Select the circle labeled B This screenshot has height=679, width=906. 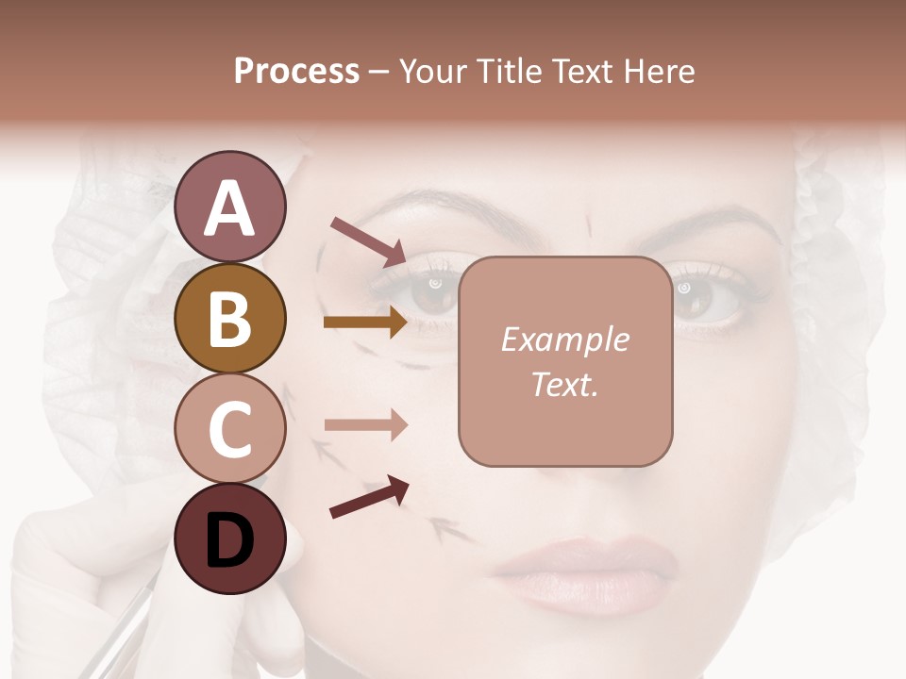point(229,318)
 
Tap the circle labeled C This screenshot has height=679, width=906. point(229,428)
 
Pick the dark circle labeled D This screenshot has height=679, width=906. point(229,538)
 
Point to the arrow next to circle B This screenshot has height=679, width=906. point(365,323)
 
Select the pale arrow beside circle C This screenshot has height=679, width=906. point(365,426)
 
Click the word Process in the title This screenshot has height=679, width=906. point(296,71)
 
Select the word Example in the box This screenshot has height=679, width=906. point(564,339)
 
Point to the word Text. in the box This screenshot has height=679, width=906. point(564,384)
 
